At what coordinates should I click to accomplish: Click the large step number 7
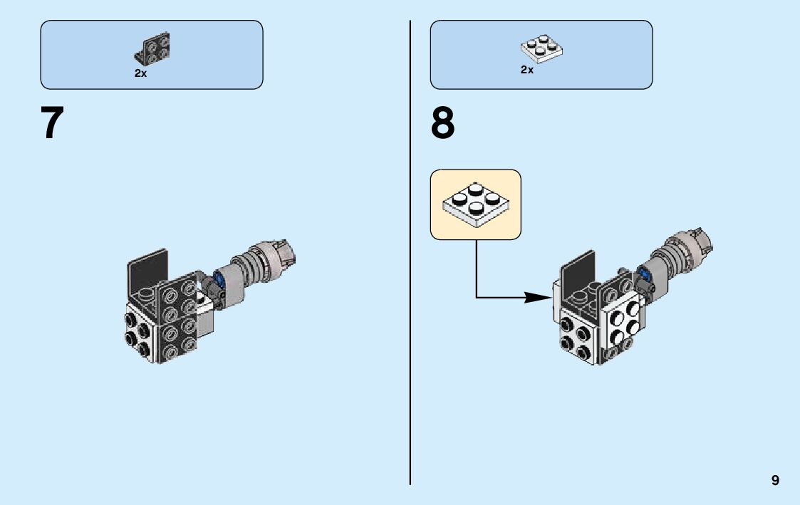[52, 123]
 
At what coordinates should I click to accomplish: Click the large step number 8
[442, 123]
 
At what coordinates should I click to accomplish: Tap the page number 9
[775, 480]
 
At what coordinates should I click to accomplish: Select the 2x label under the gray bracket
[140, 73]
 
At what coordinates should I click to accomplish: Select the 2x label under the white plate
[527, 70]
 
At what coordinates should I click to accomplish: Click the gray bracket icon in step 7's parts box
[152, 49]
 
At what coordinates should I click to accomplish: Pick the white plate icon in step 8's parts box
[542, 48]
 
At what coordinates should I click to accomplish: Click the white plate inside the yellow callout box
[476, 204]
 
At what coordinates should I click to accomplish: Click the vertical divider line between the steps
[410, 252]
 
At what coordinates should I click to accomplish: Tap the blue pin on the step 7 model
[220, 278]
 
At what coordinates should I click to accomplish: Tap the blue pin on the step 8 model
[643, 273]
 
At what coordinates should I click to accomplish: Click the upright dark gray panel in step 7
[147, 270]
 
